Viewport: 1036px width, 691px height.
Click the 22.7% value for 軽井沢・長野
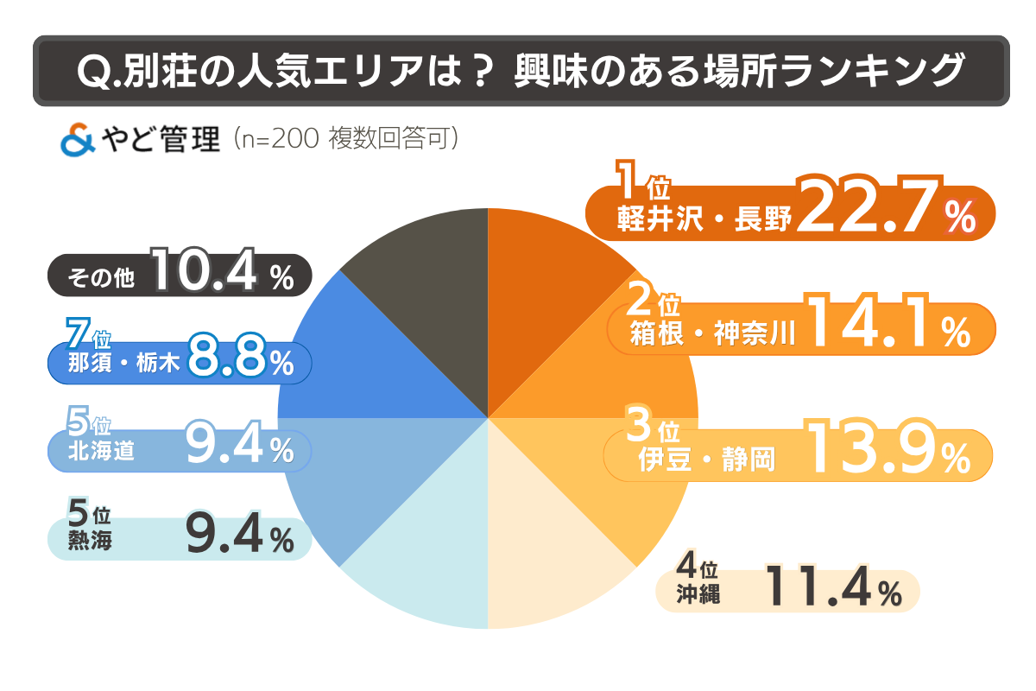pos(885,209)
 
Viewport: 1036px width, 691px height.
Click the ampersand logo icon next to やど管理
pos(78,140)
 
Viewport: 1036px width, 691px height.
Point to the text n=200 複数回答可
pos(345,139)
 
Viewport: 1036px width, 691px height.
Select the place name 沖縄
pos(698,594)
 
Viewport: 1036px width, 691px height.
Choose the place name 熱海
pos(90,542)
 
